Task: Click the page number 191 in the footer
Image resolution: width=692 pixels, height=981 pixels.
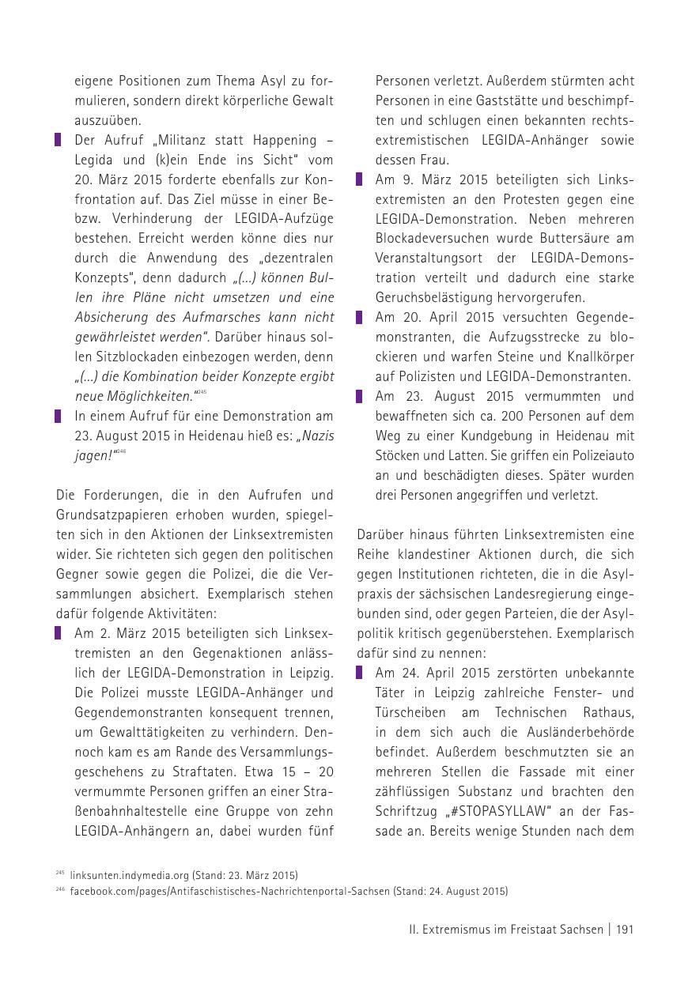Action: coord(624,930)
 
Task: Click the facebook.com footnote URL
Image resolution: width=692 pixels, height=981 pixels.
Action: coord(229,891)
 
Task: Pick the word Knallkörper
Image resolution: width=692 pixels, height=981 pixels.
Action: coord(595,357)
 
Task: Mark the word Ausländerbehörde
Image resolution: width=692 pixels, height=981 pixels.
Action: coord(581,732)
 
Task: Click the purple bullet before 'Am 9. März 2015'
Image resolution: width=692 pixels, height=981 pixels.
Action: coord(359,179)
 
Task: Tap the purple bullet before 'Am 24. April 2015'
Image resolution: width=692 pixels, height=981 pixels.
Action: coord(359,673)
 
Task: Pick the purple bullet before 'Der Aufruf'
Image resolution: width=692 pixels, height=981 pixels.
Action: coord(58,140)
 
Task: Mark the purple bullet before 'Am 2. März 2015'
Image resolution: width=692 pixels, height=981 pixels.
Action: coord(58,633)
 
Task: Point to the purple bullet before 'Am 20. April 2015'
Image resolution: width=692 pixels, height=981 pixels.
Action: coord(359,318)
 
